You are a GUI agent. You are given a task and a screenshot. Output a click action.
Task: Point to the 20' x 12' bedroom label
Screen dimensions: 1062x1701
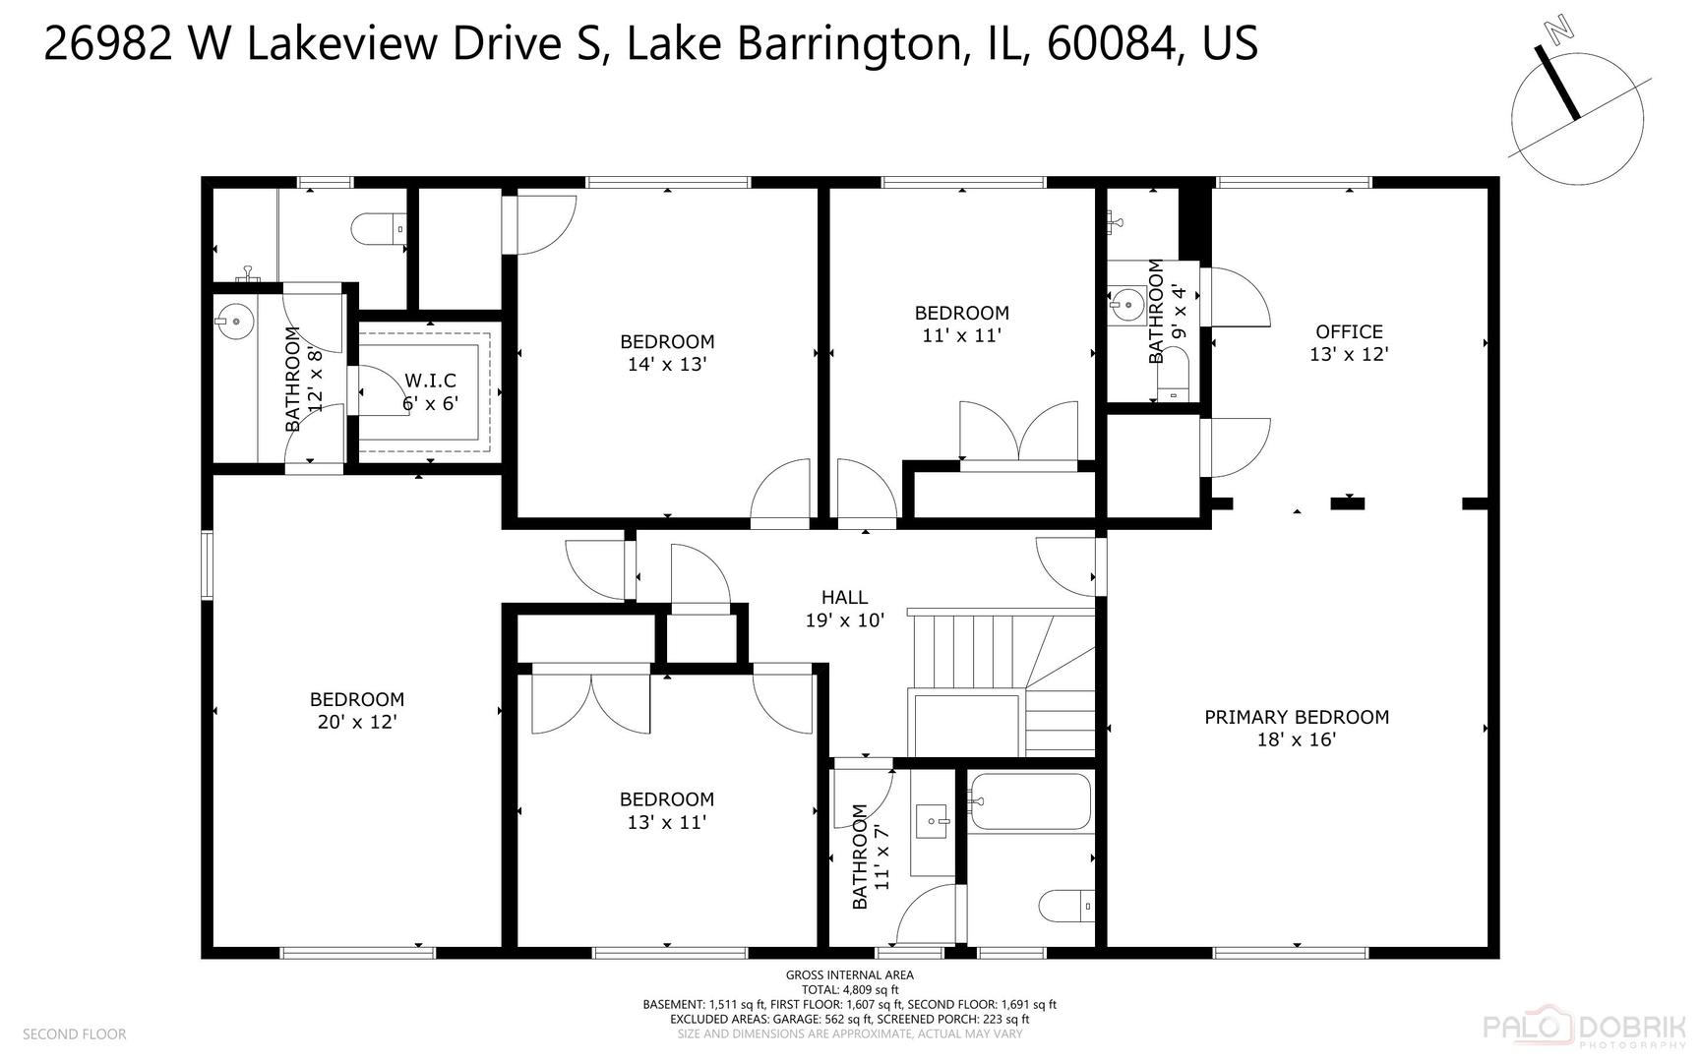(356, 710)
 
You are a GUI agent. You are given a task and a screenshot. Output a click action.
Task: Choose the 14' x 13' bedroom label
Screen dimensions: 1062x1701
(667, 352)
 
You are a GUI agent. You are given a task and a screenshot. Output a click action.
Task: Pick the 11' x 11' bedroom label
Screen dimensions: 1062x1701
(961, 324)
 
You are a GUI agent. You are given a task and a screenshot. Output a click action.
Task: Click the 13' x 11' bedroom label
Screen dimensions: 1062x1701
(666, 809)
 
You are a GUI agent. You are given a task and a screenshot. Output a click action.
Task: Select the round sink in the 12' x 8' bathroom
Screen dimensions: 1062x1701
(234, 320)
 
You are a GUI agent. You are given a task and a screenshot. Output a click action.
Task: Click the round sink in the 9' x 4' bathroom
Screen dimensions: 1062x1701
(1124, 296)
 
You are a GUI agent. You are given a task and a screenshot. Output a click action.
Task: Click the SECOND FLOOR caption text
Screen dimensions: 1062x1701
(74, 1033)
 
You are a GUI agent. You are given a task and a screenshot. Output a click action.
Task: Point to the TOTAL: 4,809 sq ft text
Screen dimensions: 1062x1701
(849, 989)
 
